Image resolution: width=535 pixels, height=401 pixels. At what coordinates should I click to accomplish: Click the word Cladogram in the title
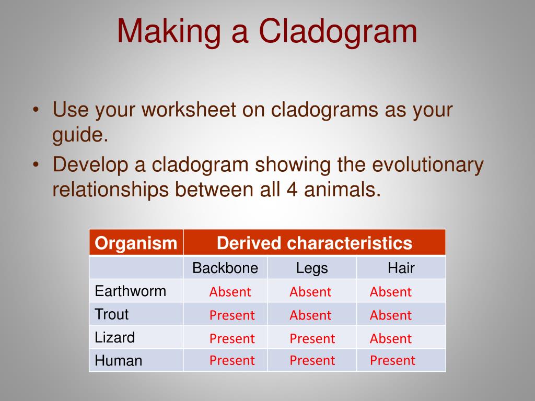(x=338, y=31)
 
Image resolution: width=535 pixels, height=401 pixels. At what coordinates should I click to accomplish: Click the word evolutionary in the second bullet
(x=427, y=166)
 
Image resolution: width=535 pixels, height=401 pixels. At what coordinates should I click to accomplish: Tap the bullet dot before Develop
(x=36, y=164)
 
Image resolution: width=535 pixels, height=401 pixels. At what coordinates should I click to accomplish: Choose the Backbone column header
(x=225, y=268)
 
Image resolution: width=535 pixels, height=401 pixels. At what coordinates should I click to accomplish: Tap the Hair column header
(x=401, y=268)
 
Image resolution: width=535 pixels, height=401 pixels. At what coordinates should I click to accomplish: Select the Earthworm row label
(x=130, y=291)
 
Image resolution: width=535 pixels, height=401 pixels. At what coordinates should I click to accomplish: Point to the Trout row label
(x=112, y=314)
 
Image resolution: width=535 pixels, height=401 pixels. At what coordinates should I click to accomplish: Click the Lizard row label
(x=114, y=338)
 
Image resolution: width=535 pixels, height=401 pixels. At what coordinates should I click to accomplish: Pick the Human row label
(x=119, y=361)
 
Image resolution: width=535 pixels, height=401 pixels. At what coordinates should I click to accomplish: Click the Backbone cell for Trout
(x=232, y=315)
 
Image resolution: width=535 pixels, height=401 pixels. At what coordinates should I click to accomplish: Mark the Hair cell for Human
(x=393, y=361)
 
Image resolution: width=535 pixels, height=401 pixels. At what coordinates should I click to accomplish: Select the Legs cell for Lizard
(x=312, y=339)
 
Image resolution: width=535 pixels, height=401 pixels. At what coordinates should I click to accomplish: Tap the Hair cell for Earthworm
(x=391, y=292)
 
